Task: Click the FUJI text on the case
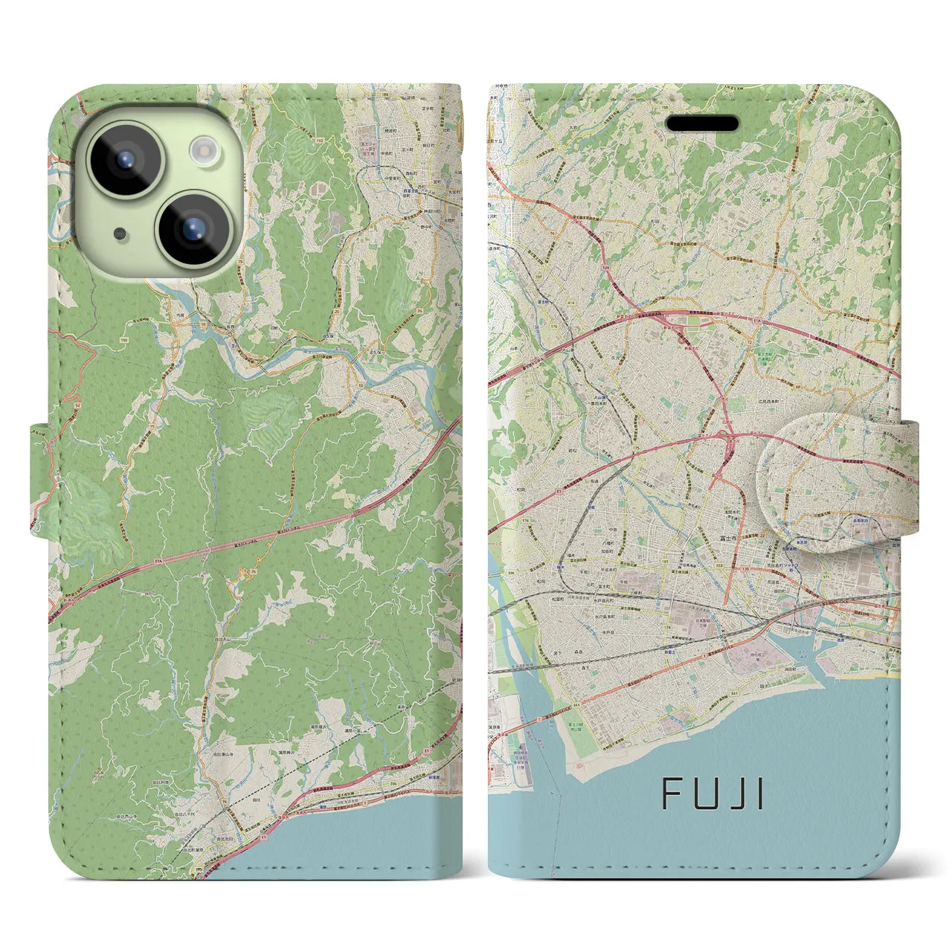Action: click(713, 794)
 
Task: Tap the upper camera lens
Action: click(124, 159)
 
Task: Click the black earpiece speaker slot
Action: click(703, 123)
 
